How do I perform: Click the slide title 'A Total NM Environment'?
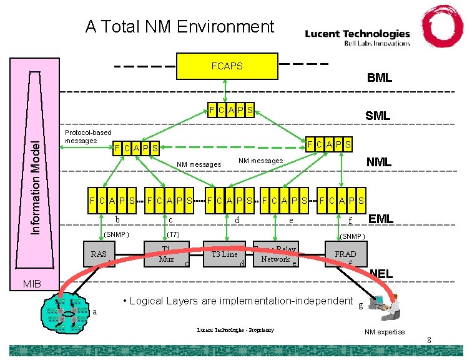(179, 27)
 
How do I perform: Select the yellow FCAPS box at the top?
(227, 66)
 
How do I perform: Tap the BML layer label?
(379, 78)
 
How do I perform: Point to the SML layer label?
(377, 116)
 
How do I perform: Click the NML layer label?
(378, 162)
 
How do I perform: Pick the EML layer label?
(380, 219)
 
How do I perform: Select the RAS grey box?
(100, 254)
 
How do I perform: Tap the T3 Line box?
(224, 254)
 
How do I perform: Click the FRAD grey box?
(346, 254)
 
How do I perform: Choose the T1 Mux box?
(165, 254)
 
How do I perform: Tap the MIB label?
(32, 284)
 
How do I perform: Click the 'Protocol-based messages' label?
(88, 136)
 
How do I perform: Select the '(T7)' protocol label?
(173, 234)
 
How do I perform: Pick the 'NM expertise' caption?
(384, 332)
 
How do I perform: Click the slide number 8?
(429, 340)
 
